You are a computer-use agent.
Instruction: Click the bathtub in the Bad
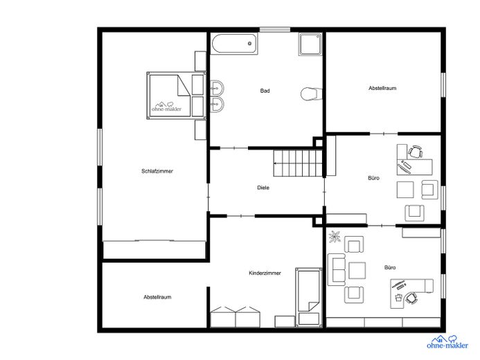pos(235,44)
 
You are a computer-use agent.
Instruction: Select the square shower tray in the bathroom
pos(310,44)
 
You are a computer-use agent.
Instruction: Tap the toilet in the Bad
pos(311,94)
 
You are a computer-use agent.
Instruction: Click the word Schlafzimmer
pos(157,171)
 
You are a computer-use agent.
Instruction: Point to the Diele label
pos(263,188)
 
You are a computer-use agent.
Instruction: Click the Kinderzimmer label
pos(265,273)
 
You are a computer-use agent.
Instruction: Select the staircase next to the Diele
pos(298,163)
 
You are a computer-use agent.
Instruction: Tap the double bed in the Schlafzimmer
pos(176,96)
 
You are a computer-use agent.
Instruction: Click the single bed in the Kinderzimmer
pos(309,297)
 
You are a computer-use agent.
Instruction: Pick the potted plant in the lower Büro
pos(335,237)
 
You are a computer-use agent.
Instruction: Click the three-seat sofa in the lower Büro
pos(337,269)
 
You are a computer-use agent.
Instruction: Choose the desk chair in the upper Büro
pos(415,152)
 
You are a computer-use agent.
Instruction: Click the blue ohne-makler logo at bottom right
pos(447,342)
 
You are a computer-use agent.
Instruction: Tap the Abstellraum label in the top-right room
pos(382,88)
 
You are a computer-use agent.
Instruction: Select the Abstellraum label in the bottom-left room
pos(157,297)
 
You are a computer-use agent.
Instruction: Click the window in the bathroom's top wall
pos(275,30)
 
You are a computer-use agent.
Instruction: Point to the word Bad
pos(265,91)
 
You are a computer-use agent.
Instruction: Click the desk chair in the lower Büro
pos(411,298)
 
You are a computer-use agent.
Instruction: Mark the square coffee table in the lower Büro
pos(357,271)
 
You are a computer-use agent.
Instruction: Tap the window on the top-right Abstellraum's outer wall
pos(443,84)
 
